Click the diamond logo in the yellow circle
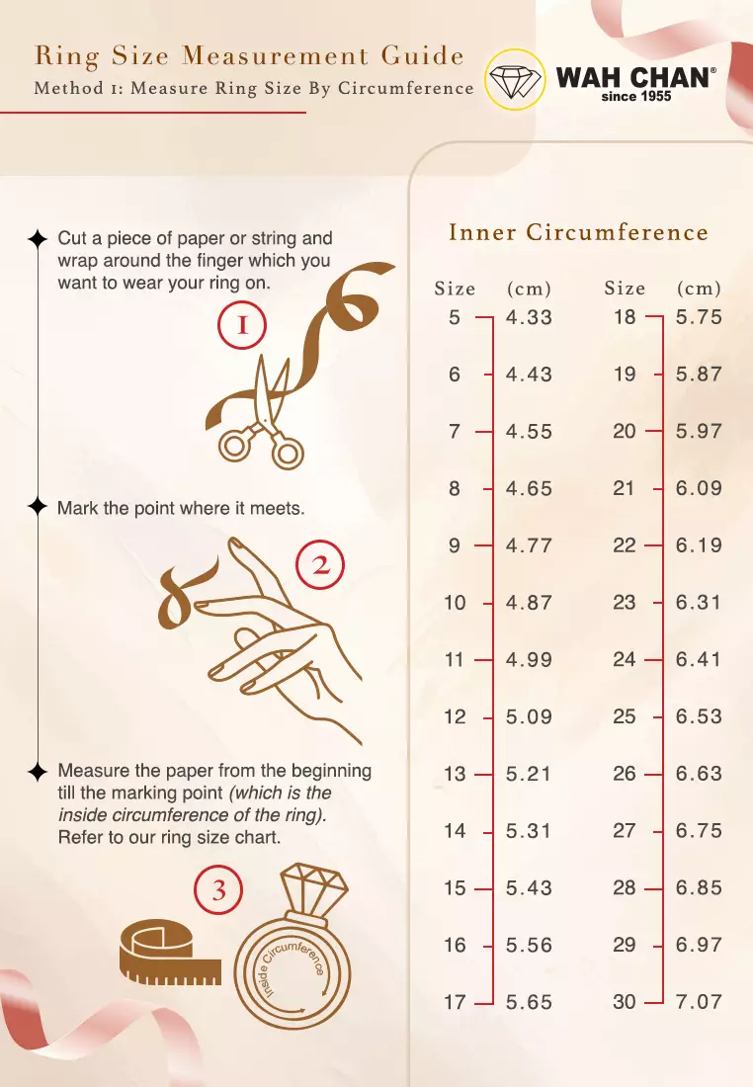point(514,79)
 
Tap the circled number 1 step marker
point(242,325)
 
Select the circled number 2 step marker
point(320,565)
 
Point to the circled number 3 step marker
point(218,890)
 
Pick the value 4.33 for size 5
point(529,317)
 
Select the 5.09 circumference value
point(529,716)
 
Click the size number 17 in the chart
point(455,1002)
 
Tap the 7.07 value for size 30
point(699,1001)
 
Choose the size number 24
point(624,659)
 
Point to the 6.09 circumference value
point(699,488)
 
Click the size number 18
point(625,317)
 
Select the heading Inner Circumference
point(579,232)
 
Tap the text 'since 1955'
point(635,97)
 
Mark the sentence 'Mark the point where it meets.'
point(181,508)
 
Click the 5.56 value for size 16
point(529,945)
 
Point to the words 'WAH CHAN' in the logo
point(633,77)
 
